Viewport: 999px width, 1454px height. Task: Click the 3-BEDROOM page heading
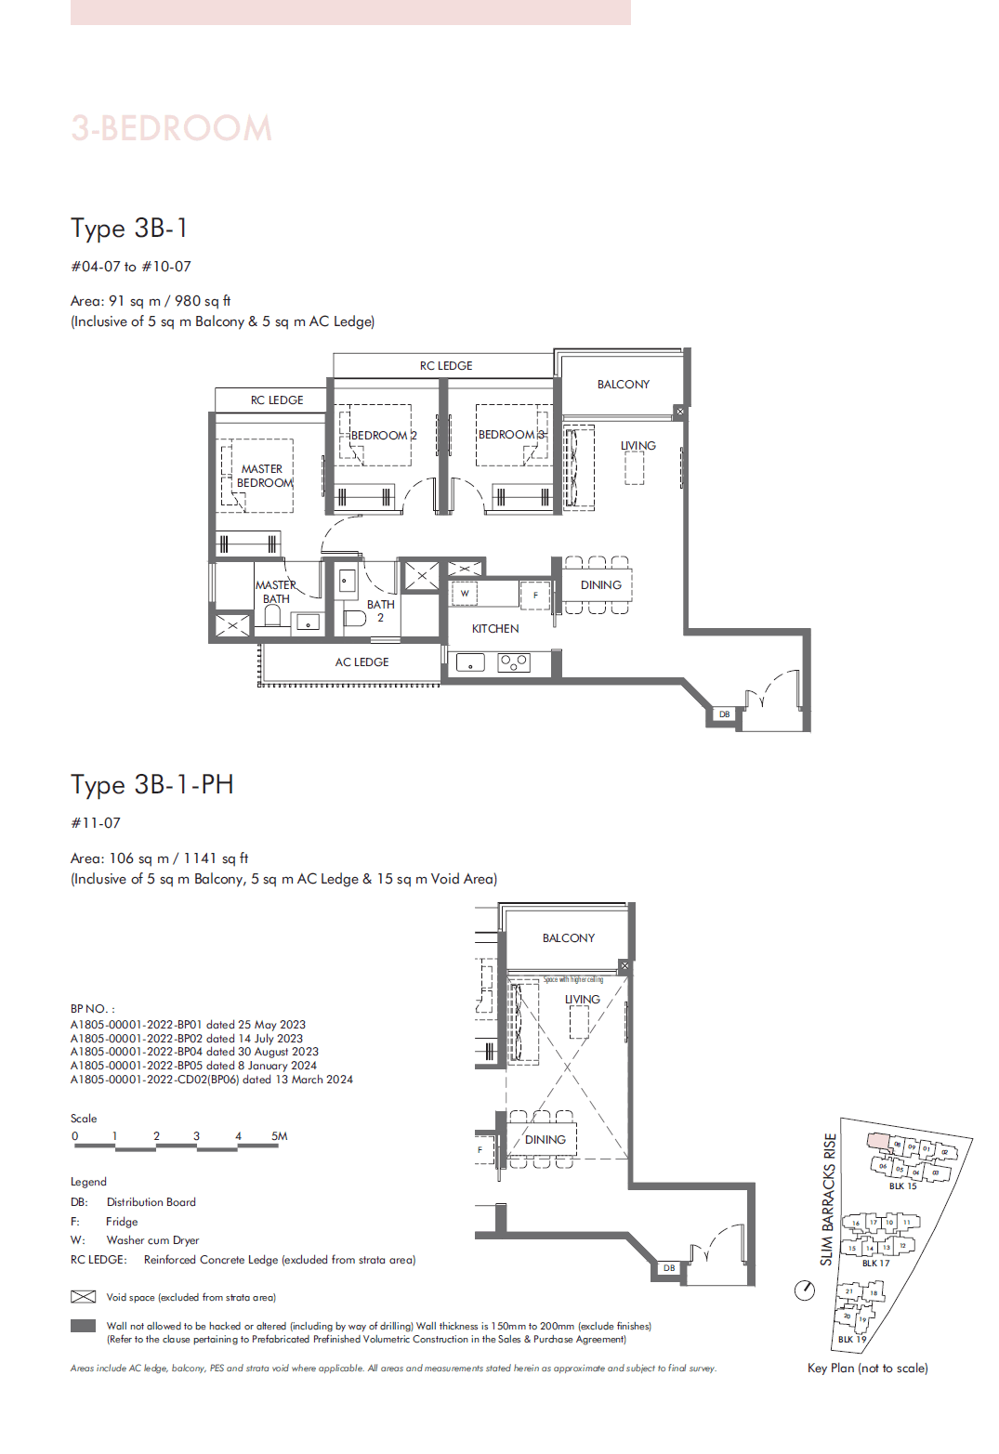pos(172,128)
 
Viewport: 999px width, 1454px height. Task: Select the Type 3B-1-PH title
pos(152,784)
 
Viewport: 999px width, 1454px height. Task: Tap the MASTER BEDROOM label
pos(264,476)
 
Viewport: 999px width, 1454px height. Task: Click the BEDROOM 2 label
pos(383,435)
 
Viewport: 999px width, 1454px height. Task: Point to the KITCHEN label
pos(495,629)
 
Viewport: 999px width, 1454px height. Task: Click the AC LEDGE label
pos(361,662)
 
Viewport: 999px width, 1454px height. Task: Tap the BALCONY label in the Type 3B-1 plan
pos(623,384)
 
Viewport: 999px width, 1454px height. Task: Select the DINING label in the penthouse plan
pos(545,1139)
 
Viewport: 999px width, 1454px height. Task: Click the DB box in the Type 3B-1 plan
pos(724,714)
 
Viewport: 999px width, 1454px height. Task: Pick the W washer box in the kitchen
pos(465,593)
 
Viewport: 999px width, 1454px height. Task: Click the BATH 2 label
pos(380,610)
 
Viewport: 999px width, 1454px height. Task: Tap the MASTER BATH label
pos(276,592)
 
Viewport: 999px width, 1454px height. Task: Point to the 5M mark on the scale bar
pos(279,1136)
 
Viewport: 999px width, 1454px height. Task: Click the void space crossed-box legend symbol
pos(84,1297)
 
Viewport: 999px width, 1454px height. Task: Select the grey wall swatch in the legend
pos(84,1327)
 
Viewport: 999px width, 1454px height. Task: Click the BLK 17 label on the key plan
pos(875,1263)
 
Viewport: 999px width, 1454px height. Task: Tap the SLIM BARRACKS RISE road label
pos(828,1199)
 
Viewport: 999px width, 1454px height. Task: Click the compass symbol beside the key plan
pos(805,1290)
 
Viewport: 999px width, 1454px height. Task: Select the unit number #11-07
pos(96,823)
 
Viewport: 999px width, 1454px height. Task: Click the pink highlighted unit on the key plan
pos(878,1141)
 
